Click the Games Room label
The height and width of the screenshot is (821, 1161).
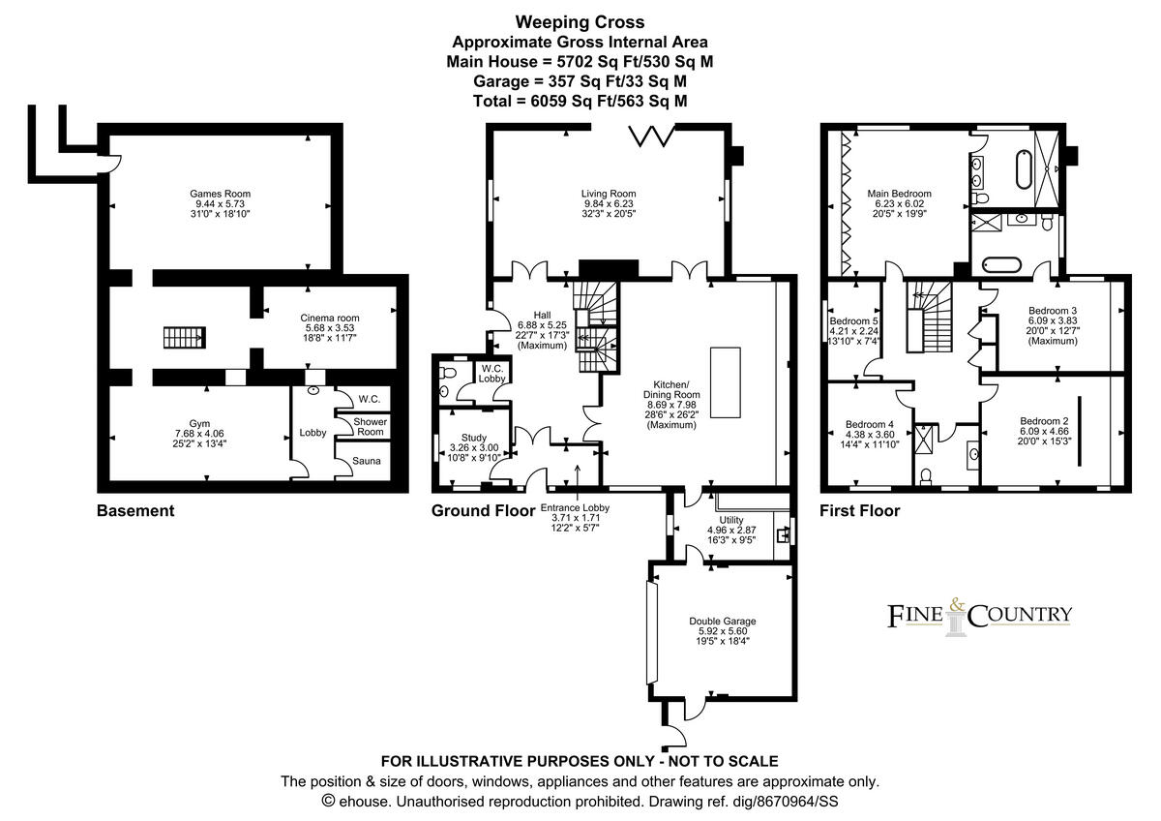[220, 194]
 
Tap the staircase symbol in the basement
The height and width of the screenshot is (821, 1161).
[185, 337]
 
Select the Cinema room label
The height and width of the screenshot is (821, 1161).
[330, 318]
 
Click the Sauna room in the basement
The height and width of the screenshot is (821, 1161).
[366, 461]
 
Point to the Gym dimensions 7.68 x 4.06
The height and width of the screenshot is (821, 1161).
[199, 434]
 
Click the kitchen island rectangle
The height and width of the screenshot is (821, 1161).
[725, 382]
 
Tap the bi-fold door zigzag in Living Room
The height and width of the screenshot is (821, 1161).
[651, 135]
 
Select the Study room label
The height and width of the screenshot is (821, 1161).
[474, 438]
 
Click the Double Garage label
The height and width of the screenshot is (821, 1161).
[723, 621]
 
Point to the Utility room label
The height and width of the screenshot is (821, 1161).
[731, 520]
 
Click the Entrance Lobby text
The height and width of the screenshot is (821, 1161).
[575, 507]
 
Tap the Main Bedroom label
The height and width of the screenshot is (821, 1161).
[899, 194]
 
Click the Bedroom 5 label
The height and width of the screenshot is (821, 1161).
[853, 321]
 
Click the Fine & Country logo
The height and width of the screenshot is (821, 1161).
[979, 617]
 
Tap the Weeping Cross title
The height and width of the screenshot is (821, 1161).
[580, 22]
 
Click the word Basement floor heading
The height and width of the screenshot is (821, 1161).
[135, 511]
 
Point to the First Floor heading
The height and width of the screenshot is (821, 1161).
[860, 511]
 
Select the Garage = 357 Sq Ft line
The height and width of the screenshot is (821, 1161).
[580, 81]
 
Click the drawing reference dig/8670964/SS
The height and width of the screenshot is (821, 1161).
[786, 802]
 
